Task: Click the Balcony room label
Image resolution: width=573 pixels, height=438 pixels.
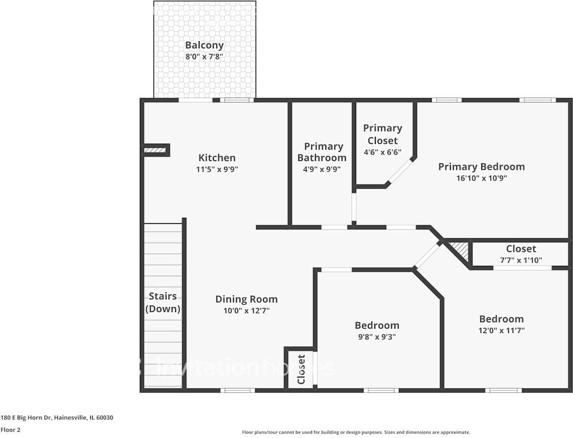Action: (x=204, y=45)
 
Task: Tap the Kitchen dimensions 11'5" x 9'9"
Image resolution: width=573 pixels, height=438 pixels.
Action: (x=217, y=169)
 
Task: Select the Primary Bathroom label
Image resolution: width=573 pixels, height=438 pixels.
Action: (x=322, y=152)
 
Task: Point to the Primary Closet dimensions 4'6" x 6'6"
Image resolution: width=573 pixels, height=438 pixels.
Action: (x=383, y=152)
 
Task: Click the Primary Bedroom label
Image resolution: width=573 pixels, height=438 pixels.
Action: (x=481, y=167)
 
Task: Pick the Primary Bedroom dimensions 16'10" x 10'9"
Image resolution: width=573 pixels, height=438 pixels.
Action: (x=481, y=178)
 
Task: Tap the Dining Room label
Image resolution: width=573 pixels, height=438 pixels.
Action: (x=246, y=299)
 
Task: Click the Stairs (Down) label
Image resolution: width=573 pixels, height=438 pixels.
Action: (x=163, y=303)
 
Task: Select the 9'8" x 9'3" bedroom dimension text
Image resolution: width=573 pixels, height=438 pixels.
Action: (x=377, y=337)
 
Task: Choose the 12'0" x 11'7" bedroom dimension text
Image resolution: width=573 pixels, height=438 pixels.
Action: (x=501, y=331)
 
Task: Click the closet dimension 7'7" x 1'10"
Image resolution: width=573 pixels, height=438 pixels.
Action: (x=521, y=260)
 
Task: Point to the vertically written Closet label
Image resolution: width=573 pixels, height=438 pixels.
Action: (x=301, y=369)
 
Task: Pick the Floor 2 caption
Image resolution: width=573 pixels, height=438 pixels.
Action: (x=10, y=430)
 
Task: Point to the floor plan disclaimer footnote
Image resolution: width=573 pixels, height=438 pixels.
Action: (x=356, y=433)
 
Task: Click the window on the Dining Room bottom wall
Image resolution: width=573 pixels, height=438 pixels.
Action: (x=237, y=390)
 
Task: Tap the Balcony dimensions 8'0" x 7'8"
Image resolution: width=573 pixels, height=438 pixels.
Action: (x=204, y=56)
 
